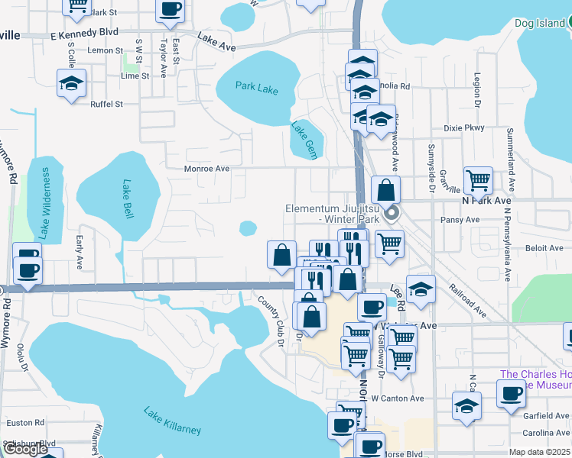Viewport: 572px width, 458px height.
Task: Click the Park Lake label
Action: click(x=257, y=88)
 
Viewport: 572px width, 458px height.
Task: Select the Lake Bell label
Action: click(x=125, y=198)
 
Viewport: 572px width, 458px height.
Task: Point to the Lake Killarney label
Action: click(x=172, y=421)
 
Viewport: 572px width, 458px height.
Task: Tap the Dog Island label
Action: click(x=540, y=24)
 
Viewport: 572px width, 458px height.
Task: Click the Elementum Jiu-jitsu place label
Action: click(x=330, y=214)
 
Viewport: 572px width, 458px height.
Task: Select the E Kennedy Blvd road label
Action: click(x=84, y=33)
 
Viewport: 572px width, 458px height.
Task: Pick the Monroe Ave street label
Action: click(x=206, y=169)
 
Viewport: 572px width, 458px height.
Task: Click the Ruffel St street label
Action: click(x=106, y=104)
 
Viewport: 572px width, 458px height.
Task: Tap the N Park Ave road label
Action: click(x=486, y=200)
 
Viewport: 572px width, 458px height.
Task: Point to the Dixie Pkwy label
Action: click(x=463, y=128)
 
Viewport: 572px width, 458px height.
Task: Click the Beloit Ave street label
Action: click(x=544, y=248)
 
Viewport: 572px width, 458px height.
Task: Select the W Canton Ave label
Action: click(x=397, y=398)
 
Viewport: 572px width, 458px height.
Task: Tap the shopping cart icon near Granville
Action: click(x=478, y=181)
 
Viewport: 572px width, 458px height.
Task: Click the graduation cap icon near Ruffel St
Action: click(x=71, y=83)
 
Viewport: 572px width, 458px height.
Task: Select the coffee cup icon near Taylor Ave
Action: click(x=170, y=10)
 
